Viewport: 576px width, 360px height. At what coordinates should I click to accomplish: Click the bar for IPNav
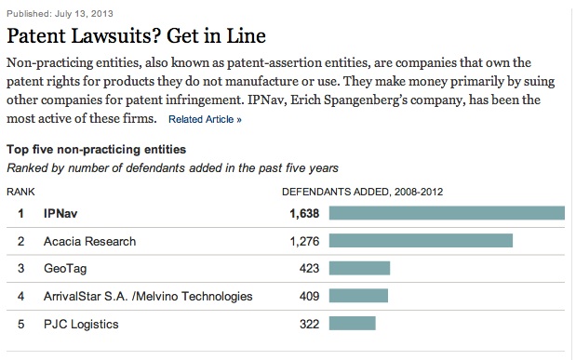pos(447,213)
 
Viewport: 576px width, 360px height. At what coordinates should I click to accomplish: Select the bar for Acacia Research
pos(421,241)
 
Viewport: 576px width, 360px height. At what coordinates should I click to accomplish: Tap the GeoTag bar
pos(359,268)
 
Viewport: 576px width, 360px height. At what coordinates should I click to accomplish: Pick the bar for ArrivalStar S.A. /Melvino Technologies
pos(358,296)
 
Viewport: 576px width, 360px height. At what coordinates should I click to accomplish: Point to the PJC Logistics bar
pos(353,324)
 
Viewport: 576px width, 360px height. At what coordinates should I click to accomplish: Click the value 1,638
pos(304,213)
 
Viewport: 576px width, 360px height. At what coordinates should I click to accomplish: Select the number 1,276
pos(304,241)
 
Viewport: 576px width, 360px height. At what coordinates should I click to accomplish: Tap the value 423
pos(309,269)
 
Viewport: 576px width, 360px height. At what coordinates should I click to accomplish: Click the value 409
pos(309,296)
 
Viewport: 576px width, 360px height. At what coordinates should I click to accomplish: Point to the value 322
pos(309,324)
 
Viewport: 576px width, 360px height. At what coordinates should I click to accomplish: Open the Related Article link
pos(205,119)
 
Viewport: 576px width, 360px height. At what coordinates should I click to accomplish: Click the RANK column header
pos(20,192)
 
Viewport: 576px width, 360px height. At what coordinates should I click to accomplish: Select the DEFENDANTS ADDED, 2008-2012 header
pos(363,192)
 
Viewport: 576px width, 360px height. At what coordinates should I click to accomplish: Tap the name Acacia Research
pos(89,241)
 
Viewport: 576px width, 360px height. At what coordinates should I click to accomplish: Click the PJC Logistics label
pos(81,325)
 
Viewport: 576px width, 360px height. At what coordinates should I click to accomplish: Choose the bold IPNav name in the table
pos(60,213)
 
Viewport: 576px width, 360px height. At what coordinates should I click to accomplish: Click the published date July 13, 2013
pos(84,14)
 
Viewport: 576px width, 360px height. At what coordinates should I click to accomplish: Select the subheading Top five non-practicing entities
pos(96,150)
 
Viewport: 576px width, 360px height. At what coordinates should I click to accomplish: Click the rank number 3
pos(21,269)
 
